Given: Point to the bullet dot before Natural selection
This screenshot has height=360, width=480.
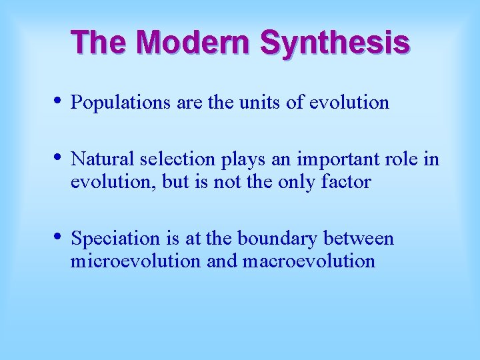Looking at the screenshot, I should pyautogui.click(x=58, y=158).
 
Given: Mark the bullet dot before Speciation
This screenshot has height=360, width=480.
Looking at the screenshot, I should pyautogui.click(x=58, y=237).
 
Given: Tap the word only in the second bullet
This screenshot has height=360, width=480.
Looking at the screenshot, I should pyautogui.click(x=293, y=182).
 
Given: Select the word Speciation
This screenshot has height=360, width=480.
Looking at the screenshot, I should pyautogui.click(x=114, y=239).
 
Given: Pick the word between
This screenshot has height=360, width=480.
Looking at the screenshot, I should pyautogui.click(x=366, y=239).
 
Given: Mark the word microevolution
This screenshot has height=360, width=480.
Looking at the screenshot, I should pyautogui.click(x=135, y=261).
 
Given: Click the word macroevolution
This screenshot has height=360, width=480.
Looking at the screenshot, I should pyautogui.click(x=309, y=261).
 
